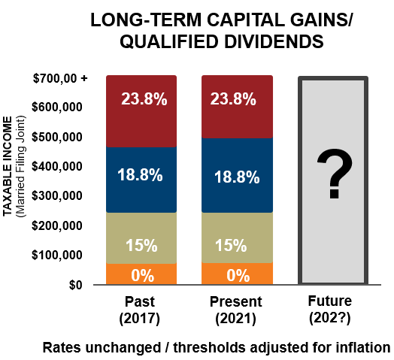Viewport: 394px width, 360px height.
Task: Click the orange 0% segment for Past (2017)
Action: click(141, 274)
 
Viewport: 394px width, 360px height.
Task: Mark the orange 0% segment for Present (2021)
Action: click(237, 274)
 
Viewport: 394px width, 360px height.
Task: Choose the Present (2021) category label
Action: click(237, 310)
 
